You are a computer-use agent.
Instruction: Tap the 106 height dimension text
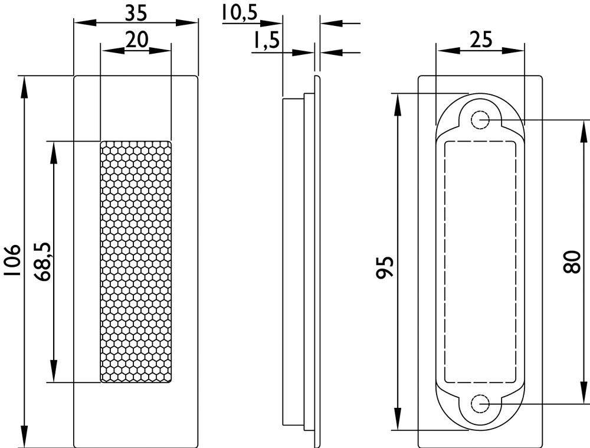(x=12, y=260)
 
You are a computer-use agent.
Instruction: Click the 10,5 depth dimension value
(x=240, y=12)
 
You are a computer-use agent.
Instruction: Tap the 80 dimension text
(x=572, y=261)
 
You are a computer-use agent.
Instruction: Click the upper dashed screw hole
(x=481, y=120)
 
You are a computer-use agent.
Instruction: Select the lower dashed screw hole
(x=481, y=404)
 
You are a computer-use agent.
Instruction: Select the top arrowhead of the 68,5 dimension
(x=54, y=149)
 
